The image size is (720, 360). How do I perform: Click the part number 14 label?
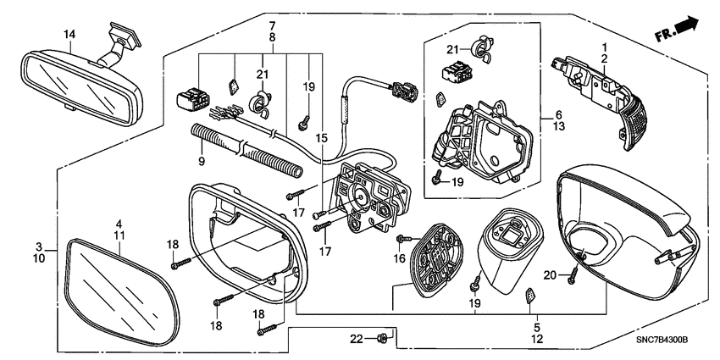coord(69,34)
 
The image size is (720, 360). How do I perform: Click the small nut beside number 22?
coord(382,339)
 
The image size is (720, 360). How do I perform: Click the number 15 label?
coord(321,137)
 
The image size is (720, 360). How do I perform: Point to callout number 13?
coord(558,126)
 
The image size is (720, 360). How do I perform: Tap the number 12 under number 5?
coord(535,340)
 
